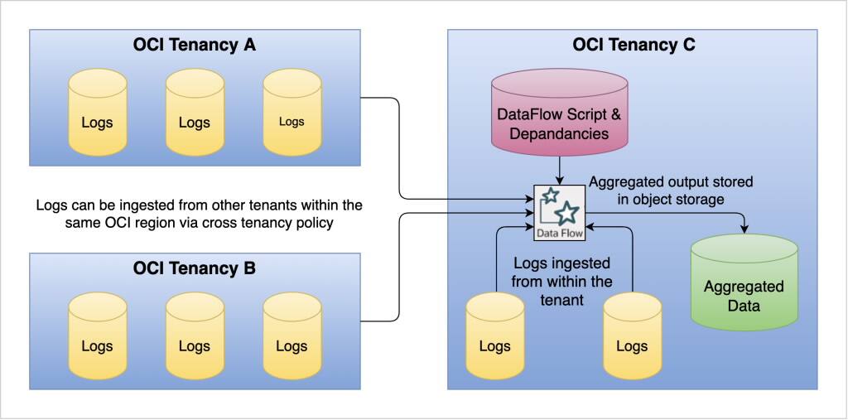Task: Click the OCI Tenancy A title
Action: point(195,46)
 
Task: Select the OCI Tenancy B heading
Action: point(195,268)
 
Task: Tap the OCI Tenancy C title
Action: point(634,46)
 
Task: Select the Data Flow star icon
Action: point(560,207)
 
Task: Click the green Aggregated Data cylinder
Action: point(744,286)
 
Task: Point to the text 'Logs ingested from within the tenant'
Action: point(563,281)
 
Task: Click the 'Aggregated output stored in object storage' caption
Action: point(671,190)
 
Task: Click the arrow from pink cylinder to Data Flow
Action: point(560,170)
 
